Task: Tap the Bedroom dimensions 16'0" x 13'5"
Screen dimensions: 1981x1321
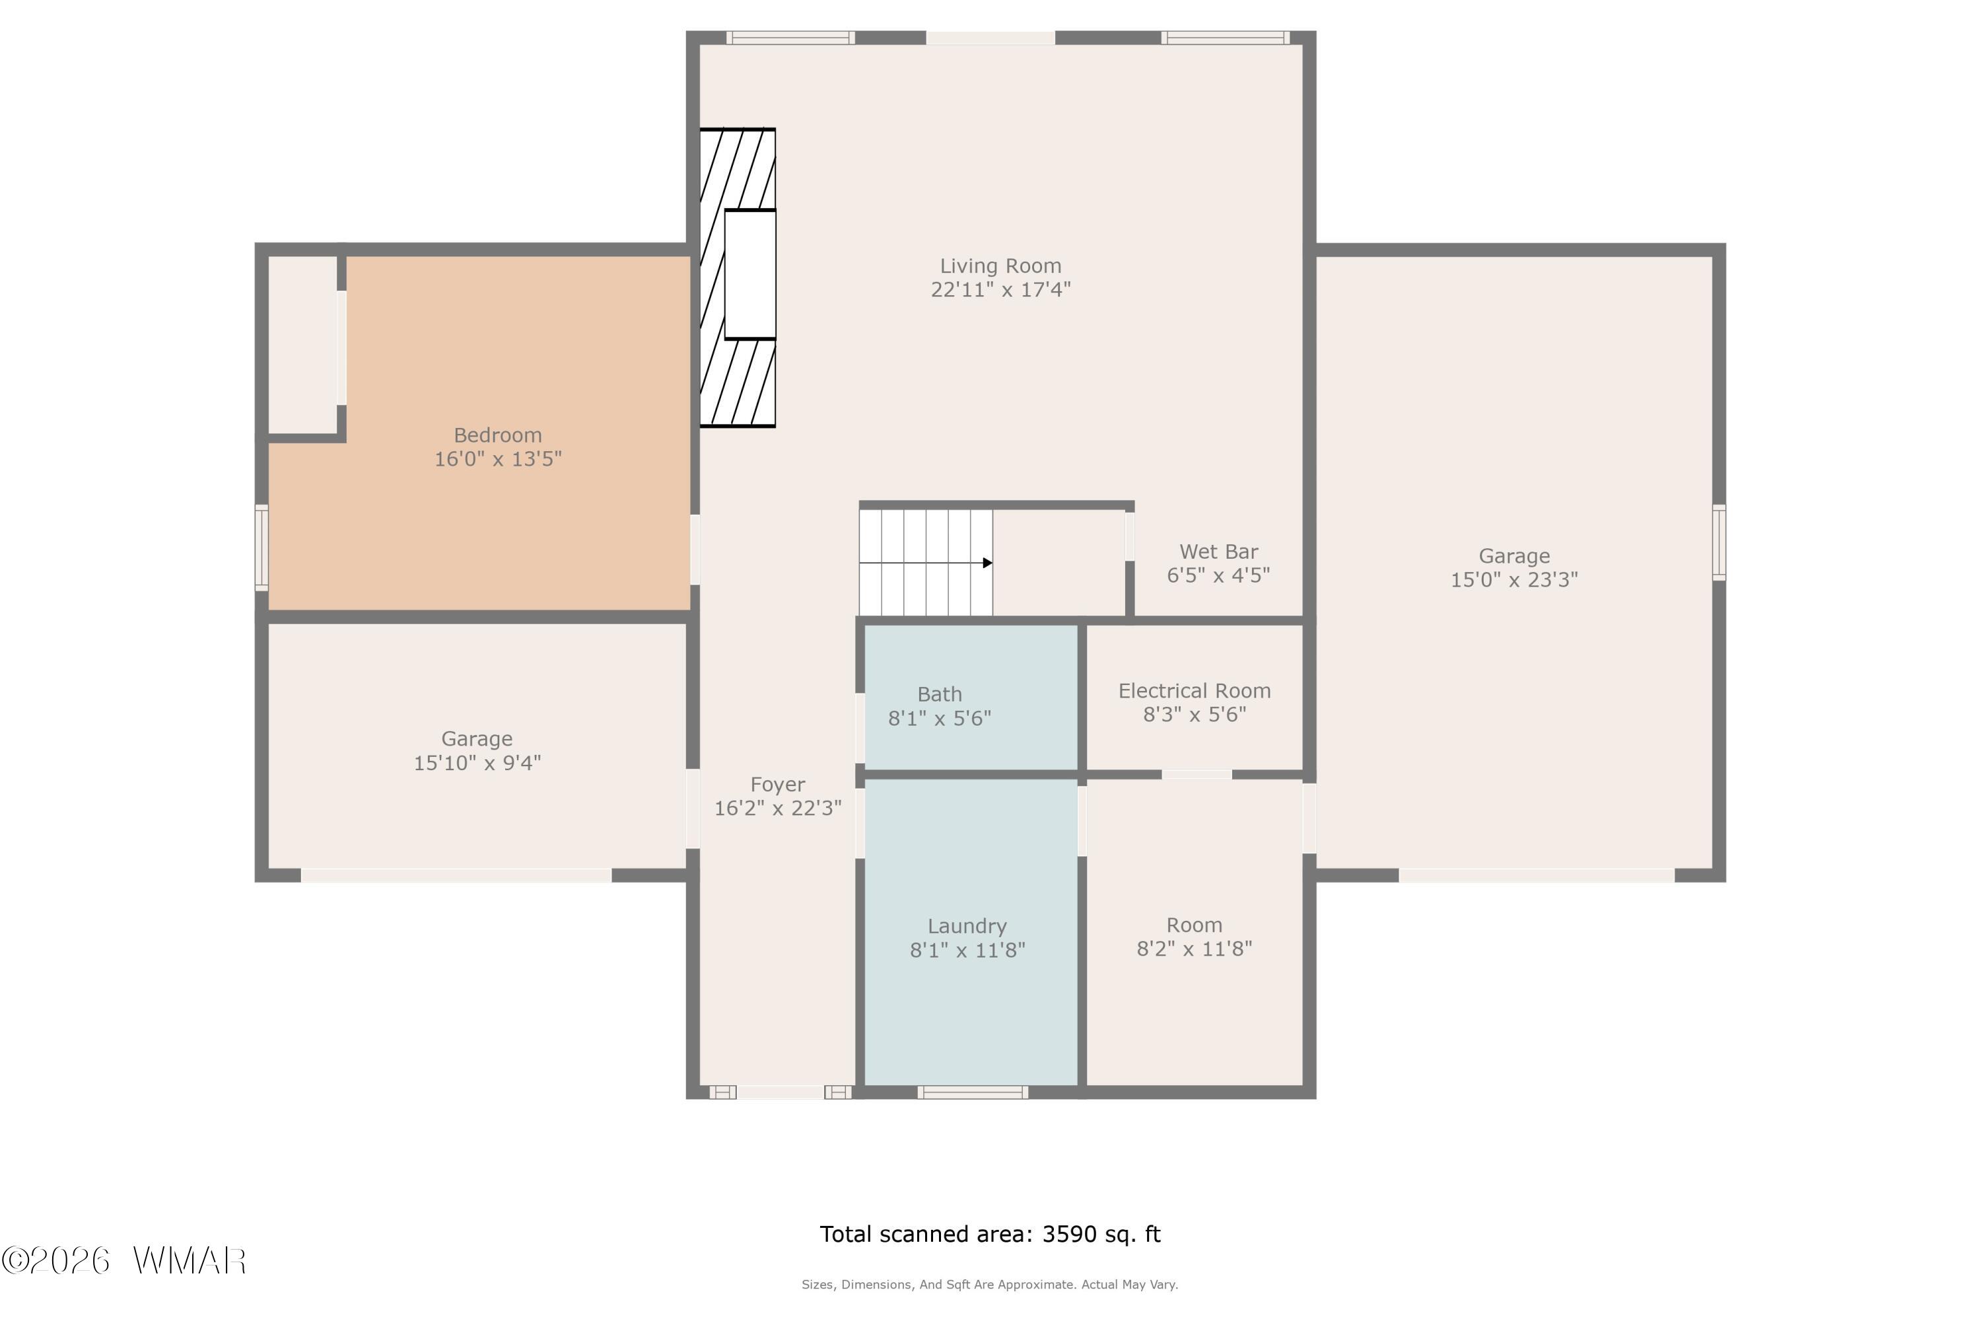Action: [x=498, y=459]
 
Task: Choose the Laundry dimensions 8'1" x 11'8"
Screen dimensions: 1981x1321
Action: [x=968, y=950]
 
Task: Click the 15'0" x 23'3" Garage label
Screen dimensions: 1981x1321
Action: [x=1514, y=568]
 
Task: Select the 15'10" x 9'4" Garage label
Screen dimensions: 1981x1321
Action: [x=477, y=750]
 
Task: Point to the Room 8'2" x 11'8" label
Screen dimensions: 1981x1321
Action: [x=1195, y=937]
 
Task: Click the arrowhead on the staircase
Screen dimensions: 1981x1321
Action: [x=988, y=563]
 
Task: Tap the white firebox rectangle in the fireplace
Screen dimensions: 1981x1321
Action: [x=749, y=275]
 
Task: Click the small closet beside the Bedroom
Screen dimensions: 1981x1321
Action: [x=302, y=345]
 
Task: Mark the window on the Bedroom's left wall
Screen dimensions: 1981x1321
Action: [x=262, y=548]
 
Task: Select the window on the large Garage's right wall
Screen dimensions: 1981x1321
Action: [x=1719, y=542]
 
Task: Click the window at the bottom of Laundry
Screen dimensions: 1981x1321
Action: [x=973, y=1092]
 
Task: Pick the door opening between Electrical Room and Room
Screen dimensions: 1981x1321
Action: [x=1197, y=774]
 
